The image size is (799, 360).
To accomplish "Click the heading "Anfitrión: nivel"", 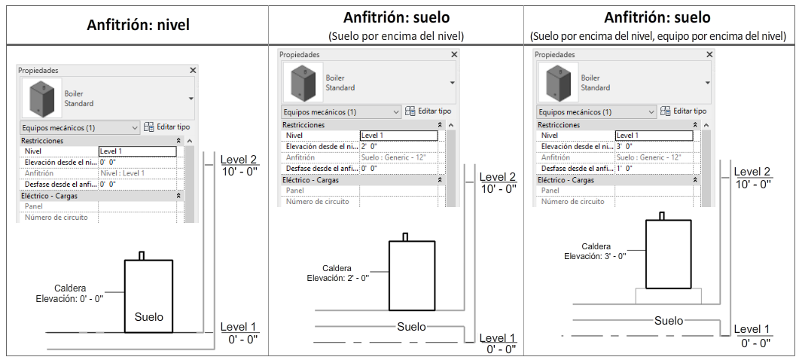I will (x=138, y=25).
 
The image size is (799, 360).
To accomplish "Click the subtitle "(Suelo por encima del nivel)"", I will (x=395, y=35).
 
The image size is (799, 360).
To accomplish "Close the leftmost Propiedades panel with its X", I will (x=193, y=70).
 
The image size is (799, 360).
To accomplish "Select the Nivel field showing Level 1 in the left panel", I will (x=137, y=151).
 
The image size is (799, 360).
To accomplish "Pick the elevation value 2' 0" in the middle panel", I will (x=370, y=146).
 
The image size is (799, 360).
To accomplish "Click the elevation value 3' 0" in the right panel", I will (x=624, y=146).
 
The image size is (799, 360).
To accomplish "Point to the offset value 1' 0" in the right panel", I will (x=624, y=168).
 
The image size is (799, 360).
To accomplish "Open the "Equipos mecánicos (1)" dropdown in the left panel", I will (x=79, y=128).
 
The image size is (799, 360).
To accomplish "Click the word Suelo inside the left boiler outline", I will (x=148, y=316).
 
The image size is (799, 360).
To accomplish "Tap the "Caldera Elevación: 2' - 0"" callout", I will (x=336, y=273).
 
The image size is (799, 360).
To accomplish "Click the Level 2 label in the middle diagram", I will (x=498, y=177).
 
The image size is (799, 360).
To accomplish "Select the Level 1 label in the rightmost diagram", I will (x=752, y=329).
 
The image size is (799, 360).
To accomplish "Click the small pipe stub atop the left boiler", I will (x=141, y=255).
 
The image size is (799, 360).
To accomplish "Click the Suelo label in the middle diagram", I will (x=411, y=326).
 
